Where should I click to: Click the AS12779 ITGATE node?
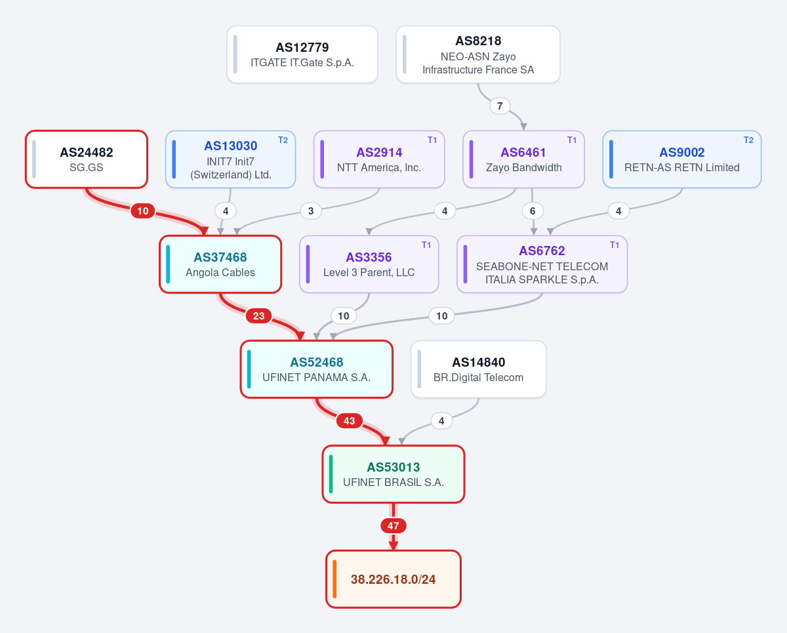(x=302, y=54)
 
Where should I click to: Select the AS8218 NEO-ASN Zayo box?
(x=478, y=54)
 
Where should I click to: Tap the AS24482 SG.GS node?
(x=87, y=159)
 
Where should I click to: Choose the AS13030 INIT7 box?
(x=230, y=159)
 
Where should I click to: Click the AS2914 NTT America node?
(x=379, y=159)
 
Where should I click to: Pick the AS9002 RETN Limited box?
(x=681, y=159)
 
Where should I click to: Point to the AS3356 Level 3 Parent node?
(x=369, y=264)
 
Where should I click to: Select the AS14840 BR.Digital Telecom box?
(x=478, y=369)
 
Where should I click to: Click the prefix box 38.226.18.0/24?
(x=393, y=579)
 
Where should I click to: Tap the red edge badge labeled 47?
(x=393, y=526)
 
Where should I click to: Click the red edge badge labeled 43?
(x=350, y=420)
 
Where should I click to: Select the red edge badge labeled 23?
(x=258, y=316)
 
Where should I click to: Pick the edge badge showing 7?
(x=500, y=106)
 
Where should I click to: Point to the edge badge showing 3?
(x=311, y=211)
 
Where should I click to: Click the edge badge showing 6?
(x=533, y=211)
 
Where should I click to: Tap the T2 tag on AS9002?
(x=748, y=140)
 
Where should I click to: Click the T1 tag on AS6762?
(x=615, y=245)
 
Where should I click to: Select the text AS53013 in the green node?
(x=393, y=467)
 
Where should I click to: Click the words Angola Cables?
(x=220, y=273)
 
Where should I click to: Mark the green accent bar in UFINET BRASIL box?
(x=331, y=474)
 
